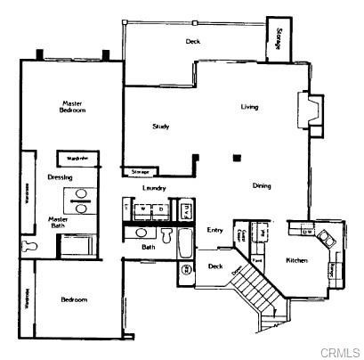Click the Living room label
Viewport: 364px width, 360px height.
point(249,107)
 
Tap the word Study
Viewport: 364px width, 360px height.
point(161,127)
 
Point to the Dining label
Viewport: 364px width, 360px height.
point(262,185)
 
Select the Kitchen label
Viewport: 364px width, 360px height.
point(296,260)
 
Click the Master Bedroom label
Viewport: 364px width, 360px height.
point(73,107)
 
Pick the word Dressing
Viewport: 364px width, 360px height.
point(60,176)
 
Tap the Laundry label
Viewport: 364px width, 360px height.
point(156,189)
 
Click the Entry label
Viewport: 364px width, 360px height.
point(214,230)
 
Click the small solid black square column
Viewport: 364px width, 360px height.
point(236,159)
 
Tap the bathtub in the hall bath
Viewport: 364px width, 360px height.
point(184,242)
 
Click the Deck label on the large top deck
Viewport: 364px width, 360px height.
point(192,42)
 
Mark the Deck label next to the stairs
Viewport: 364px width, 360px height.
point(214,266)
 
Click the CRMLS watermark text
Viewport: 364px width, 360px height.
point(341,351)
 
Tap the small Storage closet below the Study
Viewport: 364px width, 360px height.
point(140,170)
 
